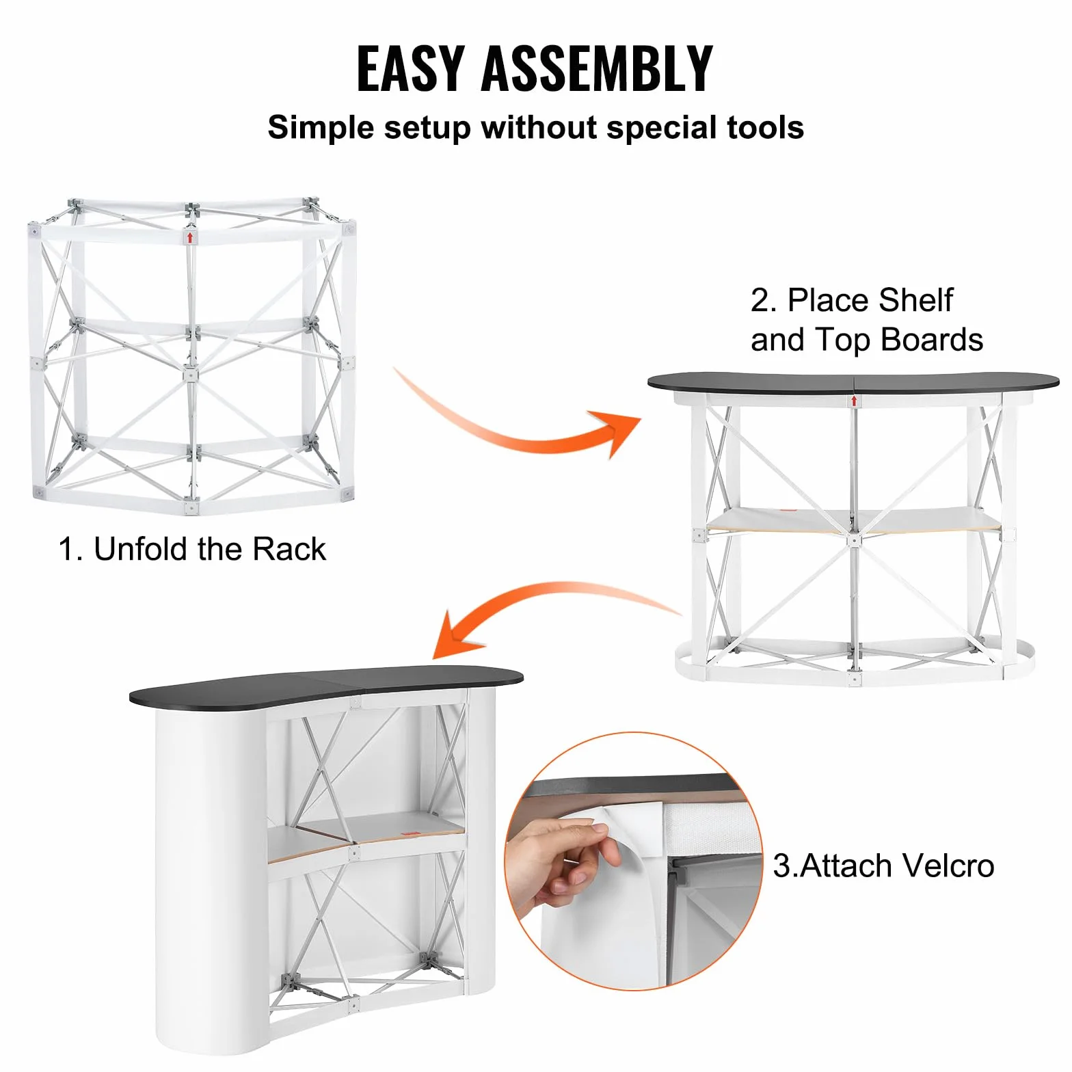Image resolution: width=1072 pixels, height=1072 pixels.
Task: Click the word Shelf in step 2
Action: (915, 300)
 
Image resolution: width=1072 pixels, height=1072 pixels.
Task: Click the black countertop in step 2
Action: (853, 382)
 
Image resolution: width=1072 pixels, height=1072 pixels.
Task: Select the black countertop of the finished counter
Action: (336, 684)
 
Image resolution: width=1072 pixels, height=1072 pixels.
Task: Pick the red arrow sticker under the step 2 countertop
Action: (854, 401)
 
